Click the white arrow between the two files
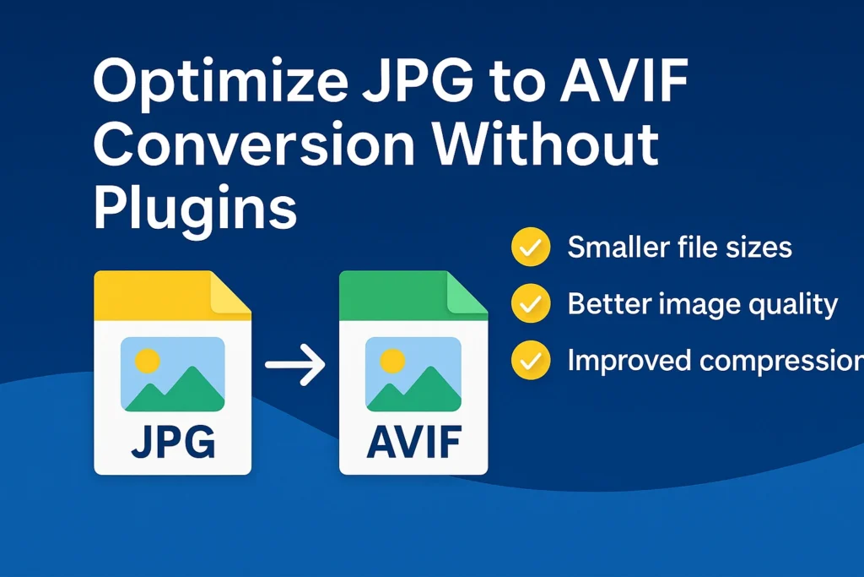294,366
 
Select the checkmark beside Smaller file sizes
531,248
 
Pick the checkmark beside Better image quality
531,304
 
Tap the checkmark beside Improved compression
531,361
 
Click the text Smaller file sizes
679,248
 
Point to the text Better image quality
702,304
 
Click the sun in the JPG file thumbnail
148,361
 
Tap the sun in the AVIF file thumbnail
392,361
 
